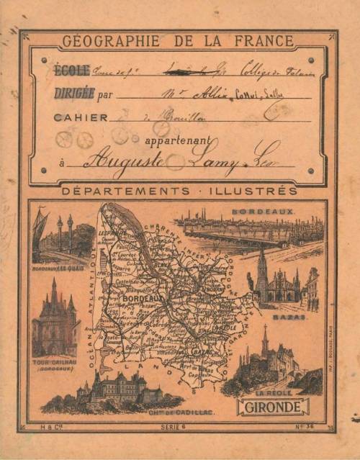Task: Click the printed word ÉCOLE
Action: [72, 70]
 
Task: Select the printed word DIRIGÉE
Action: [74, 93]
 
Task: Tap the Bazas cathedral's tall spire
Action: [262, 265]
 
